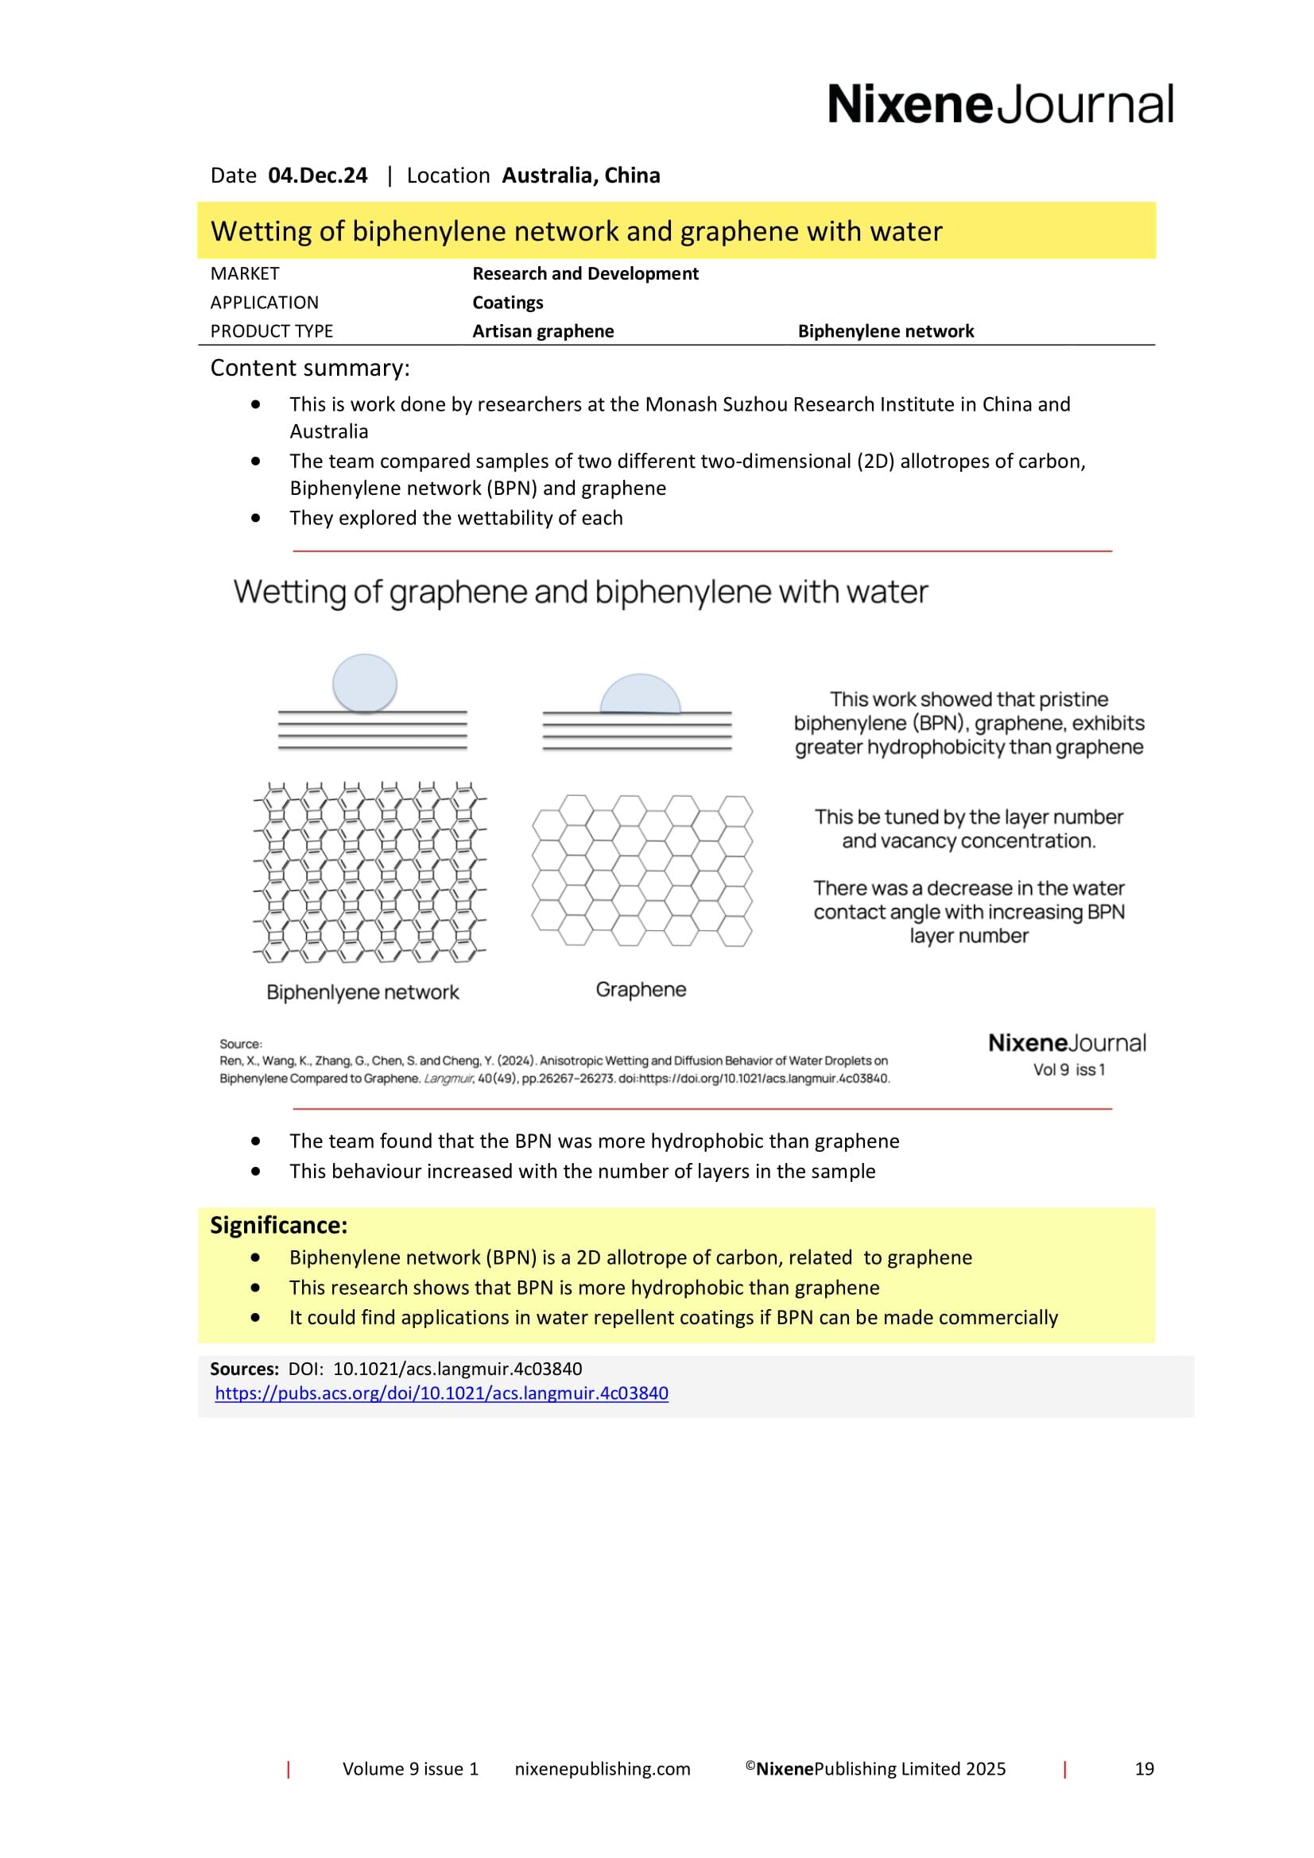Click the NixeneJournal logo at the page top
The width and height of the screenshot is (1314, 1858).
coord(1000,104)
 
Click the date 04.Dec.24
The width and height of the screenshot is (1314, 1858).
coord(317,176)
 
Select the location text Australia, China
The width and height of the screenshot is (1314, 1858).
coord(580,176)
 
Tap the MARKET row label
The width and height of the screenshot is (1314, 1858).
coord(245,273)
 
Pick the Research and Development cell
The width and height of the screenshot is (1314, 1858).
coord(584,273)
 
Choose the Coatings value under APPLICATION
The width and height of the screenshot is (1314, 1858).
coord(508,303)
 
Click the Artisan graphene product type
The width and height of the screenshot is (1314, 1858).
coord(542,331)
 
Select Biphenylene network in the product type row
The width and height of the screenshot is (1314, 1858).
coord(886,331)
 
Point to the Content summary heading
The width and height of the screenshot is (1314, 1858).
coord(310,369)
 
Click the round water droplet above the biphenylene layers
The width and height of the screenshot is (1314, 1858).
coord(364,683)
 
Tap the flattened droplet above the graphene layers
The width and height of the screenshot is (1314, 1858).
coord(640,694)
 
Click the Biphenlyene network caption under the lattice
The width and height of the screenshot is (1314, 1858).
coord(362,992)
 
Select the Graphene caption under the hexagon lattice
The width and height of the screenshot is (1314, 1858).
coord(641,989)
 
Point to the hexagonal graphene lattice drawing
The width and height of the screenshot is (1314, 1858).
coord(641,870)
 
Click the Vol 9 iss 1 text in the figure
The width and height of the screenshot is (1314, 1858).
coord(1068,1070)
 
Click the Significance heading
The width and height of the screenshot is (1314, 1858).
coord(278,1225)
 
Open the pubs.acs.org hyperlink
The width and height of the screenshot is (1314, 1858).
coord(441,1393)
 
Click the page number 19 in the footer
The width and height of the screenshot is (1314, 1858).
coord(1144,1769)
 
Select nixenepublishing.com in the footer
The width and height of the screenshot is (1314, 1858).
coord(603,1769)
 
